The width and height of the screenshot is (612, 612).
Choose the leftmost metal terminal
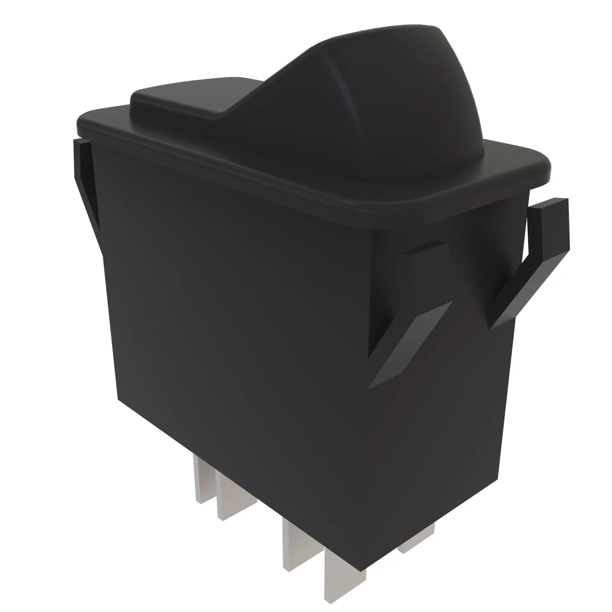point(204,481)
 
